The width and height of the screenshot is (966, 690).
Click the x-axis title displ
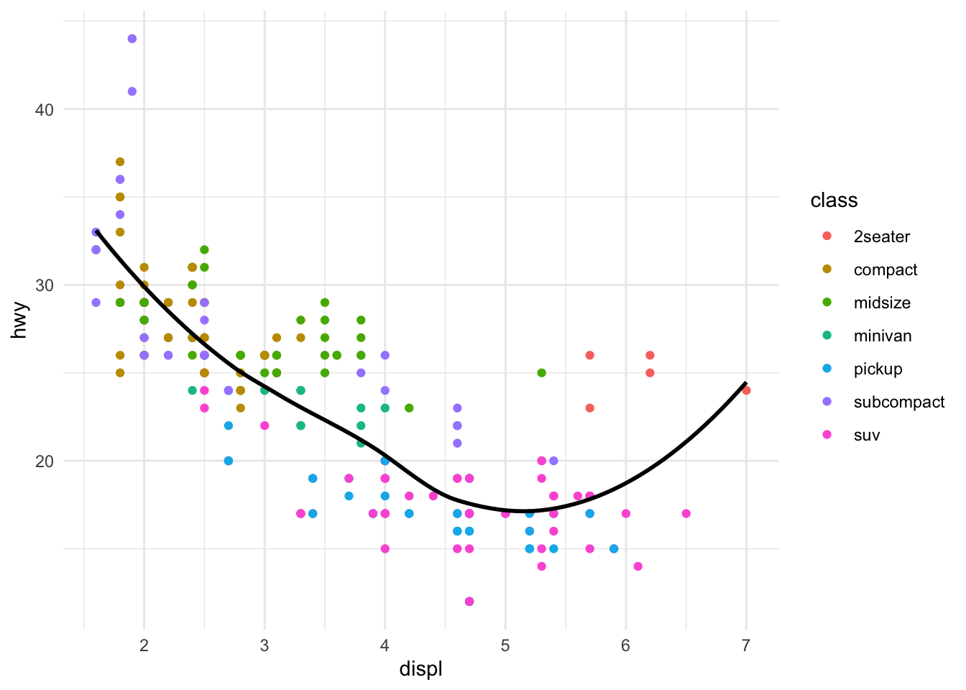(x=420, y=670)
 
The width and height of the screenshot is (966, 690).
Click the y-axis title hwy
(x=21, y=320)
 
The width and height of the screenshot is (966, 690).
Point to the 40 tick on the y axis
(x=45, y=109)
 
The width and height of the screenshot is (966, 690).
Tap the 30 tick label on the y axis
(x=45, y=285)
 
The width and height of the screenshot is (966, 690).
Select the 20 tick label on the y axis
(x=45, y=461)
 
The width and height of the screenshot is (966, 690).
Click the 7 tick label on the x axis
(x=746, y=645)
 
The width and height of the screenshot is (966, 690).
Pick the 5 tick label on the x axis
(x=505, y=645)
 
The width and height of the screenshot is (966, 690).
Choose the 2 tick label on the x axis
(x=144, y=645)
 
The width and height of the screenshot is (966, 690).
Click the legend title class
(x=834, y=201)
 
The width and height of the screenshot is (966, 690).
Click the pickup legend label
(x=878, y=369)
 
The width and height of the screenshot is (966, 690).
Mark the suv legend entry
(x=867, y=435)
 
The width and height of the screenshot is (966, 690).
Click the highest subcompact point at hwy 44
(x=132, y=39)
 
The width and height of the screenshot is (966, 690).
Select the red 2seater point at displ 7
(x=746, y=390)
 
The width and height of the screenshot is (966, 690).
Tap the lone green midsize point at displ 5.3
(x=541, y=373)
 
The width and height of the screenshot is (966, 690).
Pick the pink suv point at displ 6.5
(x=686, y=513)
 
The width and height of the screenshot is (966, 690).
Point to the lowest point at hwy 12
(x=469, y=602)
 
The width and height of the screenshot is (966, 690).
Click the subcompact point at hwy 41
(x=132, y=91)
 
